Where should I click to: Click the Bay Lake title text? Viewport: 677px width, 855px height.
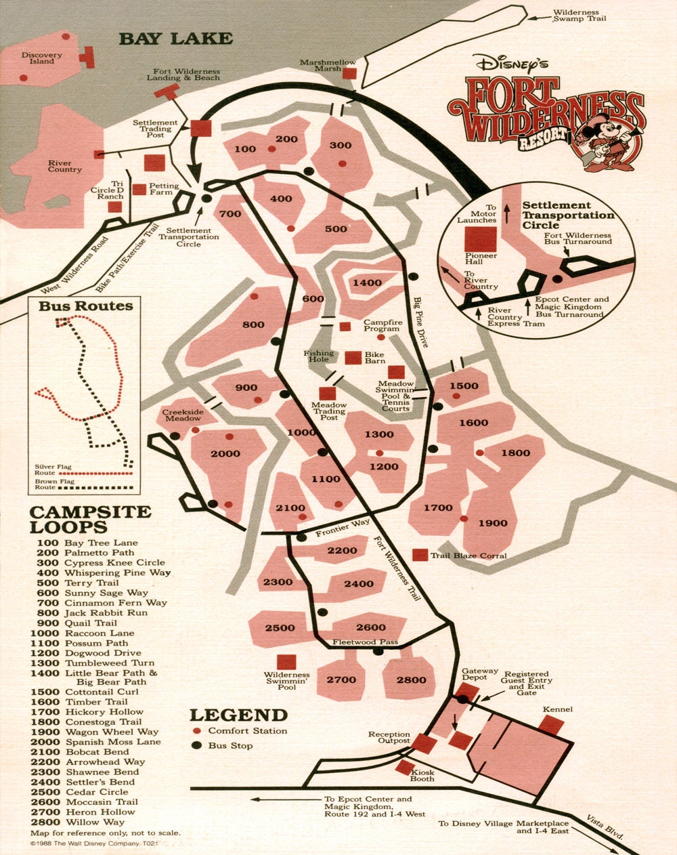click(175, 39)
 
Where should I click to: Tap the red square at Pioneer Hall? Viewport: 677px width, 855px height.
click(481, 239)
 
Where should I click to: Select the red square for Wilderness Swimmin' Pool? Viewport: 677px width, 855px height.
click(286, 662)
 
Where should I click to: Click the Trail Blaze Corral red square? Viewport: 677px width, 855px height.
click(420, 555)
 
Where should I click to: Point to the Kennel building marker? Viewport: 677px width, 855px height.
click(551, 725)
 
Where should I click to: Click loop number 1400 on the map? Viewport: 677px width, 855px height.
click(367, 283)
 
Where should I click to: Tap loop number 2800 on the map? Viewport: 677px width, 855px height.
click(412, 680)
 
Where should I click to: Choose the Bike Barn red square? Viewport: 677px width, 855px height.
click(353, 358)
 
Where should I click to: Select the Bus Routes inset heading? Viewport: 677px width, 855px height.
click(85, 306)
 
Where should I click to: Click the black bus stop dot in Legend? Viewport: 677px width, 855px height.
click(197, 745)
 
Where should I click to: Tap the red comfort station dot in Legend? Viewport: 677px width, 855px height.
click(197, 731)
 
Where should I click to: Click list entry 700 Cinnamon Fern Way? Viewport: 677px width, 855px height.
click(99, 602)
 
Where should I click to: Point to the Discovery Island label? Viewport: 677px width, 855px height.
click(41, 58)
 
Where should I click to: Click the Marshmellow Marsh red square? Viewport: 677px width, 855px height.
click(349, 73)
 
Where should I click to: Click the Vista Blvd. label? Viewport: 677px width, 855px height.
click(604, 828)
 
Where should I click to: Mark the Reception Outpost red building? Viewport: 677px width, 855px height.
click(424, 743)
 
